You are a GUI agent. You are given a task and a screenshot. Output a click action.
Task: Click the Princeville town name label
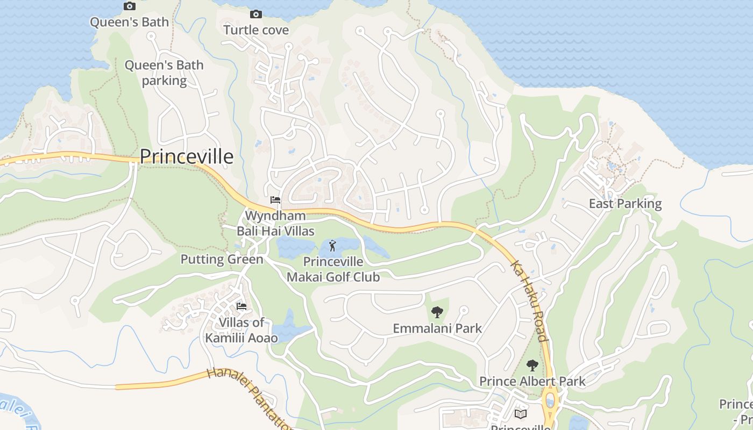(187, 156)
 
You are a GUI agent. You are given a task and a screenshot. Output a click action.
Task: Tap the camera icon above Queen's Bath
(129, 6)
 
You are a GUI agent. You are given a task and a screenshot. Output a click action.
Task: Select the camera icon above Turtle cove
(256, 14)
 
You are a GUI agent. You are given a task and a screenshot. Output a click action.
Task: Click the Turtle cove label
(256, 30)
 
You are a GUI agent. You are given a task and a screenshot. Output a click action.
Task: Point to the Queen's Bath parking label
(164, 73)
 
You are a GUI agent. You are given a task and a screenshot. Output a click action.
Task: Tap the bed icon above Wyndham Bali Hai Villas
(275, 200)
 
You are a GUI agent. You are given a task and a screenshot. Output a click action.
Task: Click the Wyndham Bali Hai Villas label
(275, 223)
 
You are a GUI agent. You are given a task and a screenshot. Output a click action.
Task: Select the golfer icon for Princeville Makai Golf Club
(333, 246)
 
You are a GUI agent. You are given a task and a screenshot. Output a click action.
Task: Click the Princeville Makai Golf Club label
(333, 269)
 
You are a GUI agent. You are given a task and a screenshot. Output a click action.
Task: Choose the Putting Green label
(222, 259)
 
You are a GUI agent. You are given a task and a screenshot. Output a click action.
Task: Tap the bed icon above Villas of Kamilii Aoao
(241, 306)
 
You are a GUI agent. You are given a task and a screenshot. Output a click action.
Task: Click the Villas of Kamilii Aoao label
(241, 330)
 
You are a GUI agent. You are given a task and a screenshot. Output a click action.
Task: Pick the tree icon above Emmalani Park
(437, 312)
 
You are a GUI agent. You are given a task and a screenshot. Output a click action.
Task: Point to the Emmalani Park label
(437, 328)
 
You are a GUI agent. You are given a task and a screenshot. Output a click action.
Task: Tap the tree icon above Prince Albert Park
(532, 365)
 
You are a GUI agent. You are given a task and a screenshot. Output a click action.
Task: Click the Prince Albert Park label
(532, 381)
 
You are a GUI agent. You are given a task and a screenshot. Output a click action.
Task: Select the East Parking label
(625, 203)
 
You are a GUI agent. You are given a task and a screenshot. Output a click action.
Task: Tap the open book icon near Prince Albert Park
(520, 414)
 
